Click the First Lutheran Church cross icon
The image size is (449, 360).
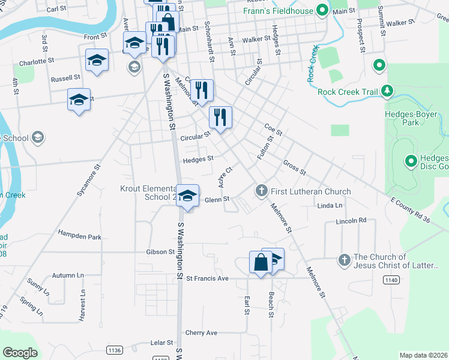[261, 191]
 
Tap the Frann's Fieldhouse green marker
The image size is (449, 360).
[322, 11]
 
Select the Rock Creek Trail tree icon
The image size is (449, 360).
[388, 91]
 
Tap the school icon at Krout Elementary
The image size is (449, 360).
[188, 196]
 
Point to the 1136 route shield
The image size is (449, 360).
[113, 350]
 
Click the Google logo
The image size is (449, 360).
[20, 353]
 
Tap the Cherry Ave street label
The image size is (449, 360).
[201, 332]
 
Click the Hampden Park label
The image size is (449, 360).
[80, 236]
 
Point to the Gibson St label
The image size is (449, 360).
[160, 252]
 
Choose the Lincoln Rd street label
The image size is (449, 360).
[354, 221]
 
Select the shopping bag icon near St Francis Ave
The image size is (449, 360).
[261, 262]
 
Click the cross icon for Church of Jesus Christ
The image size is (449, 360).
[344, 260]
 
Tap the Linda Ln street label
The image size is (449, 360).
[330, 206]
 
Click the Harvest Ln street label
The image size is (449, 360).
[82, 306]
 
